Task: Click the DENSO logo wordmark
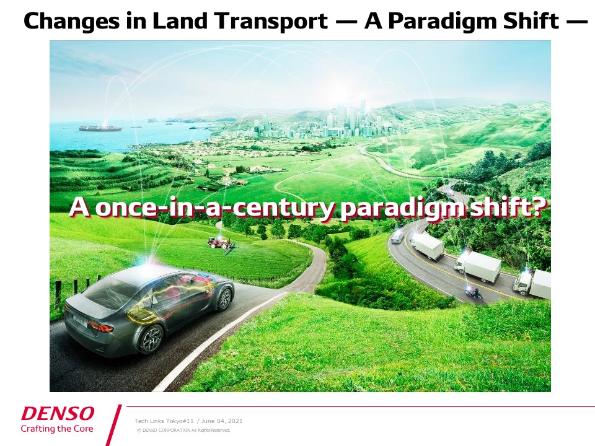pyautogui.click(x=58, y=413)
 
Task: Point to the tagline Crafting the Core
pyautogui.click(x=57, y=429)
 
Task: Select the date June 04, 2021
pyautogui.click(x=222, y=421)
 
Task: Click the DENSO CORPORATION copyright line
pyautogui.click(x=183, y=430)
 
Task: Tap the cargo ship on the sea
pyautogui.click(x=100, y=128)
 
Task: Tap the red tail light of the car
pyautogui.click(x=101, y=326)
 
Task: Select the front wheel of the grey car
pyautogui.click(x=226, y=298)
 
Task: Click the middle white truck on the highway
pyautogui.click(x=477, y=266)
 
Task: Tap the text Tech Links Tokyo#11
pyautogui.click(x=164, y=421)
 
